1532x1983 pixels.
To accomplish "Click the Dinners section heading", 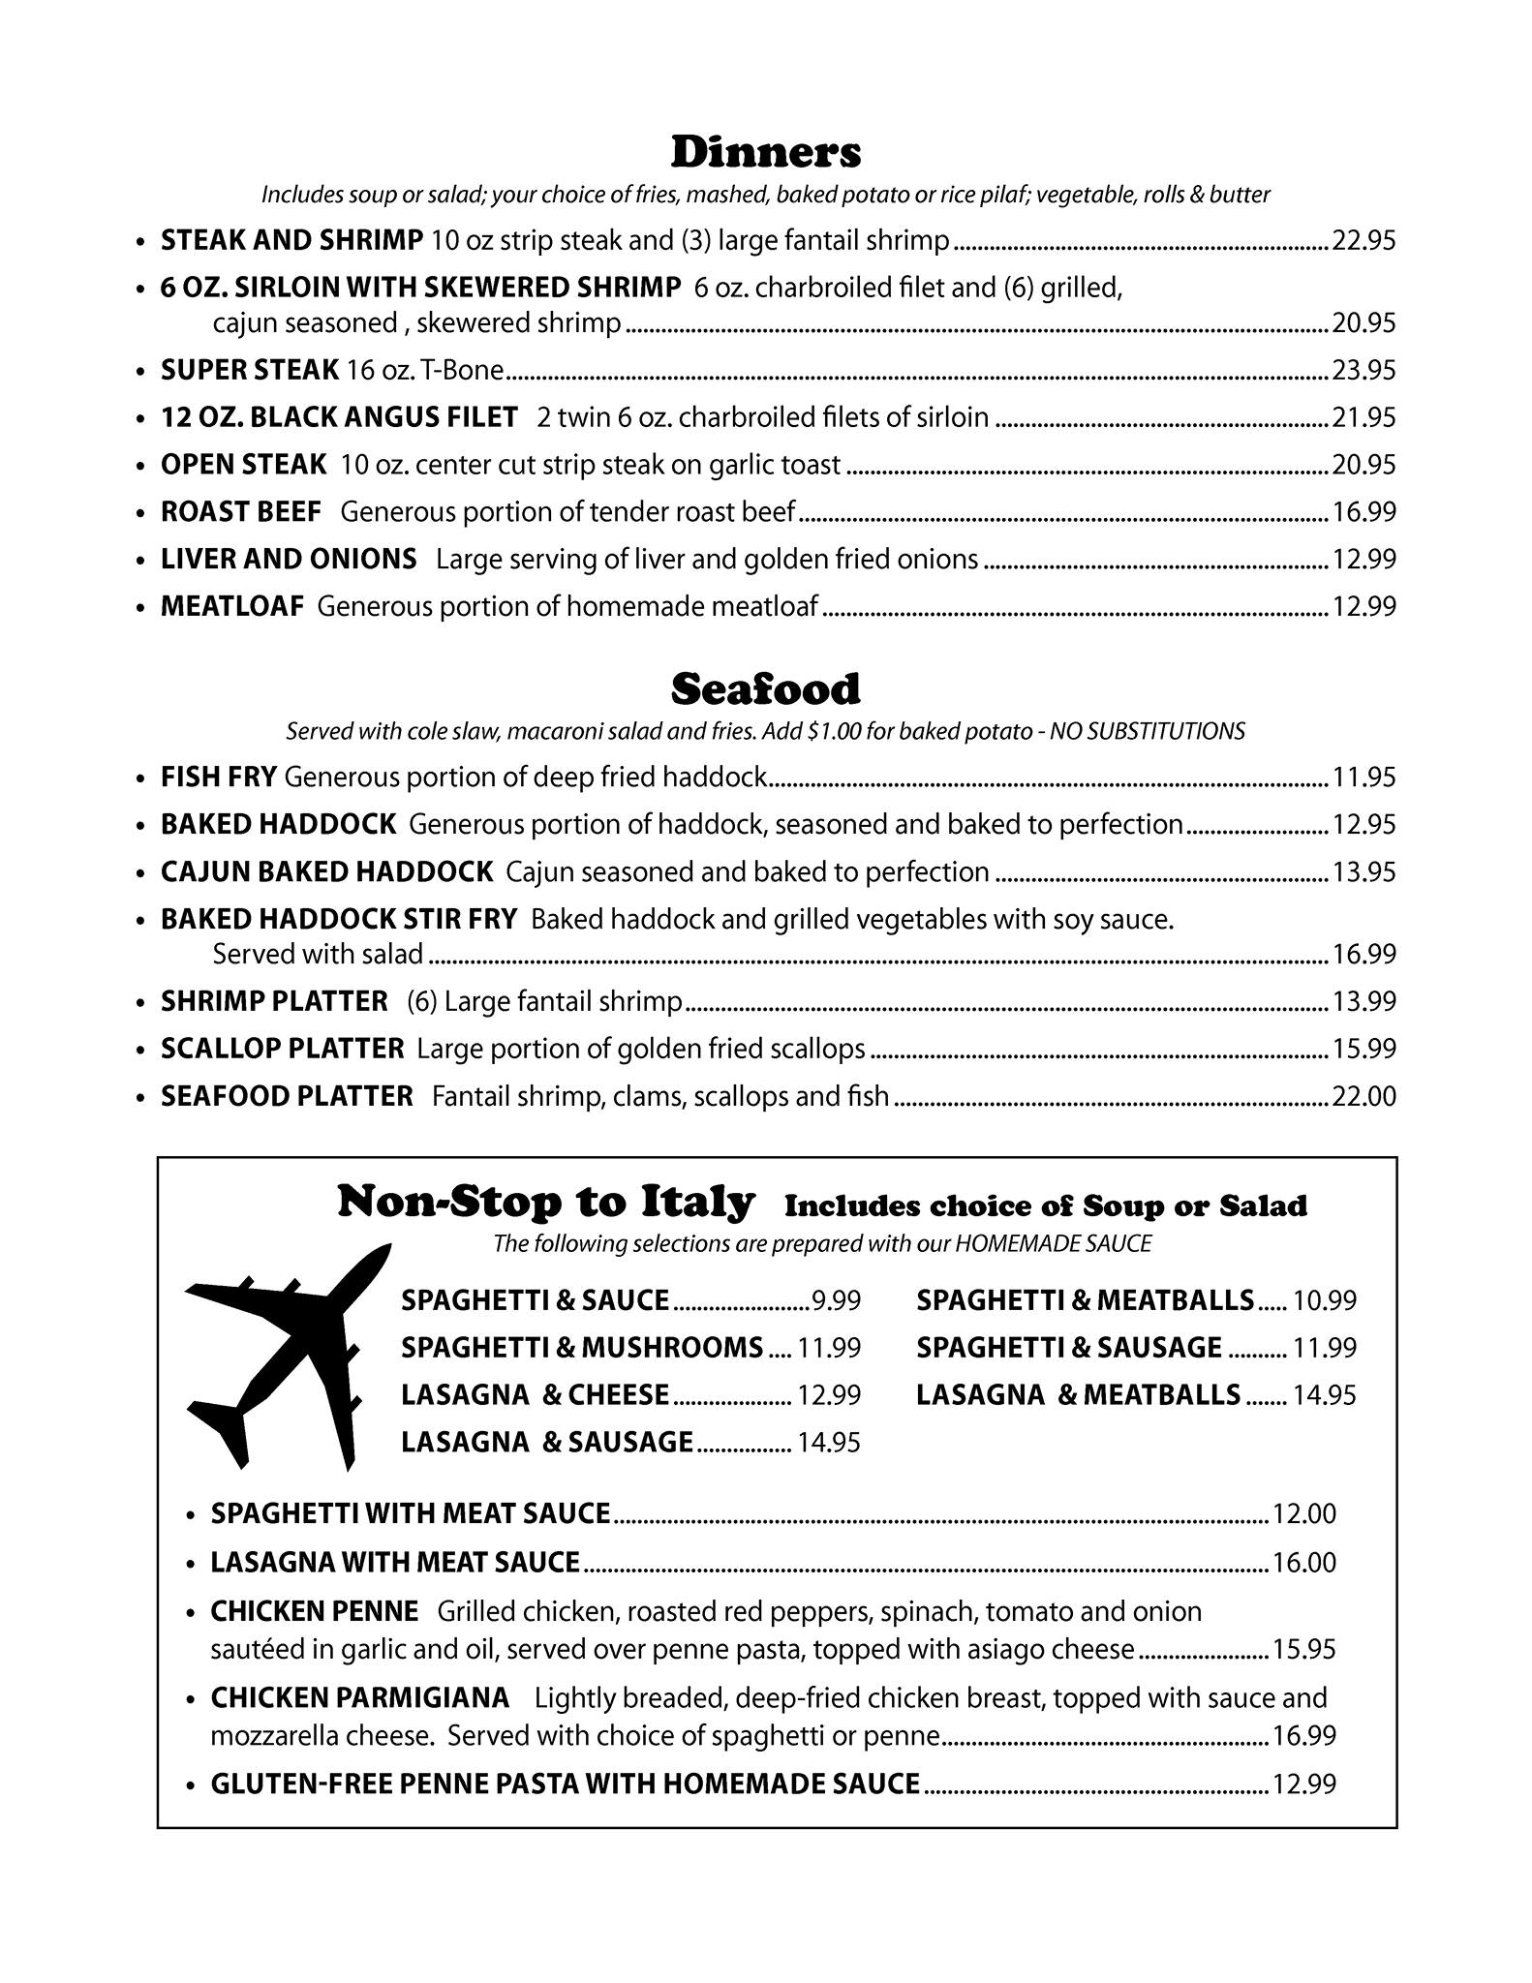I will coord(765,152).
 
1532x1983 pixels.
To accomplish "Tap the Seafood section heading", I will coord(765,689).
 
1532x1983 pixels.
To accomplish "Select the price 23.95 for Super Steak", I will coord(1363,370).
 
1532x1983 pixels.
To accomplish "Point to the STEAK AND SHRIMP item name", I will coord(291,239).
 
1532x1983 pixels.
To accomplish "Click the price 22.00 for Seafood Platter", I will coord(1363,1096).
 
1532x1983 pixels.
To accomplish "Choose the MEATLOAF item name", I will coord(232,607).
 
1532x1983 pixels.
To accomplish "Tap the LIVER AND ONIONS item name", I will coord(289,560).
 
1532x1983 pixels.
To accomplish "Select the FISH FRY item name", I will coord(219,777).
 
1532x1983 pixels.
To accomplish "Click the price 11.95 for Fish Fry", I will coord(1363,777).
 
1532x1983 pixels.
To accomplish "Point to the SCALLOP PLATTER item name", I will coord(282,1049).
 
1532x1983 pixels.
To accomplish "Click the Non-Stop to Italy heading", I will coord(545,1203).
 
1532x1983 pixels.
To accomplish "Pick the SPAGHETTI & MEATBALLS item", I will coord(1085,1299).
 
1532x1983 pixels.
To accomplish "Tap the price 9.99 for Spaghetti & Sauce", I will coord(836,1300).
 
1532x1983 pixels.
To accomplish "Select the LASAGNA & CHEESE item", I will coord(535,1394).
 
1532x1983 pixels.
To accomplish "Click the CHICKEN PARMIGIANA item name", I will coord(359,1697).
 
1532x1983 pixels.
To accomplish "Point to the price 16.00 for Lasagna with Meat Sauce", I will coord(1303,1562).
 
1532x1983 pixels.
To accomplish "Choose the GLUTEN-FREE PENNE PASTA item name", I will coord(565,1783).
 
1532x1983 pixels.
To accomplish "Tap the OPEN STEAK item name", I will coord(243,465).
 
